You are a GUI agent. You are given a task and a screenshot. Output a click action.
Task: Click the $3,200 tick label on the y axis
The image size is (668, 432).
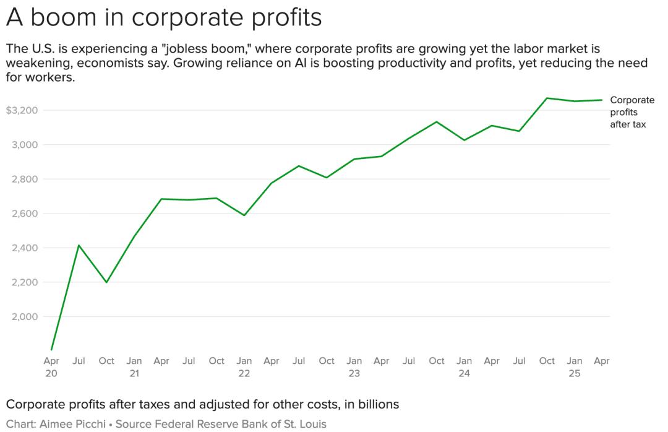click(22, 110)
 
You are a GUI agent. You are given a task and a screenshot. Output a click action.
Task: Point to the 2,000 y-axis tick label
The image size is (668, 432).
click(25, 317)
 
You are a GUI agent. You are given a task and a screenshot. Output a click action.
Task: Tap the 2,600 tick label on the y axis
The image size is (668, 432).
click(25, 214)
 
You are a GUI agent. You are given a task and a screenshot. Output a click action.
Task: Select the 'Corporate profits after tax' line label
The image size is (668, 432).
click(632, 112)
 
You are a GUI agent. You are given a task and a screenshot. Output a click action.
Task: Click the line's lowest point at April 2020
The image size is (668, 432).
click(51, 350)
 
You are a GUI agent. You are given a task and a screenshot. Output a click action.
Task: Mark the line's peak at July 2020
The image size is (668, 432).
click(79, 245)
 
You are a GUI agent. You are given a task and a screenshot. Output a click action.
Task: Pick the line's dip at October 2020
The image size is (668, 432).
click(106, 282)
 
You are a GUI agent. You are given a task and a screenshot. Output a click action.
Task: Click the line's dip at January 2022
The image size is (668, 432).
click(244, 215)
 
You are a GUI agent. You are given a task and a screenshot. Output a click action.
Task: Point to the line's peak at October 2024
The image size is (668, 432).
click(547, 98)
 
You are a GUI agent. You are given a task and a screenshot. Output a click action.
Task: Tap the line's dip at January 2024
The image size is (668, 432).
click(464, 140)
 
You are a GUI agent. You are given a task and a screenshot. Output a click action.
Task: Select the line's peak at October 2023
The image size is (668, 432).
click(437, 121)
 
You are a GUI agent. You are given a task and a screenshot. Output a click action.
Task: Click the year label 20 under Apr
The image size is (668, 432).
click(51, 374)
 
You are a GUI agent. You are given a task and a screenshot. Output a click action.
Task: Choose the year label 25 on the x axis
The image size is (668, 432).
click(575, 374)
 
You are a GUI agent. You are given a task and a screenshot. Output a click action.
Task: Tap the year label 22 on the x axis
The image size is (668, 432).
click(244, 374)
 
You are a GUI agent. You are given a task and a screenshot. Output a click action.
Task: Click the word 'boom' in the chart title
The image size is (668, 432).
click(66, 18)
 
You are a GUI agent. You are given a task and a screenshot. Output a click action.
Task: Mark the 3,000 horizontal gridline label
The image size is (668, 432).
click(25, 145)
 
